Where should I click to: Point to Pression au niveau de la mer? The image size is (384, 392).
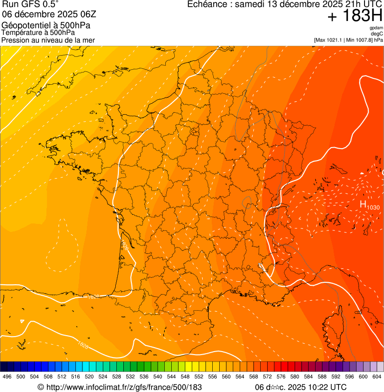pos(48,40)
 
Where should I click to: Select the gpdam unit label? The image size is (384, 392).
pos(376,28)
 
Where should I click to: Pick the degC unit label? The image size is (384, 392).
pos(377,33)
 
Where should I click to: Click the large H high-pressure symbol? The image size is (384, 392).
pos(363,204)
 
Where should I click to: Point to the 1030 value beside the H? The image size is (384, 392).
pos(373,207)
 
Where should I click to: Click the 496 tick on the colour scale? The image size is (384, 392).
pos(7,377)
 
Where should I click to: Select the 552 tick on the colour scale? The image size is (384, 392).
pos(199,377)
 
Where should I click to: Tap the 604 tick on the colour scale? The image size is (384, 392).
pos(377,377)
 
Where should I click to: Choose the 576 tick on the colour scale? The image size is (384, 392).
pos(281,377)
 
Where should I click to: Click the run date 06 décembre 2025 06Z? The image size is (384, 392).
pos(52,15)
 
